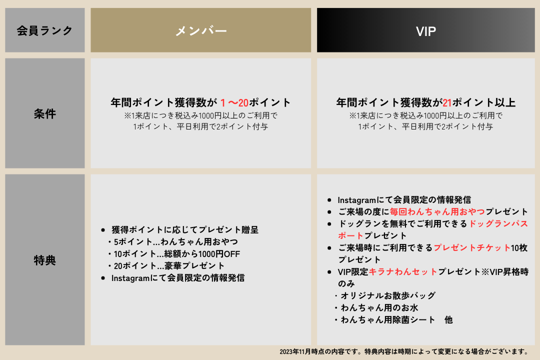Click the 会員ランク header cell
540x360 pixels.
point(45,30)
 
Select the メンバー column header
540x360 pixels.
point(201,30)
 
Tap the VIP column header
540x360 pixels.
point(425,30)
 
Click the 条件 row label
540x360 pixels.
point(45,113)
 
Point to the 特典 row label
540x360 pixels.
point(45,260)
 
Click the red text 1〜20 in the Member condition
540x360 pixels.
point(234,102)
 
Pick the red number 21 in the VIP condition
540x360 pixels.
point(447,102)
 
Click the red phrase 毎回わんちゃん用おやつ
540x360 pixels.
point(437,211)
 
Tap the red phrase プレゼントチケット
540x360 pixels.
point(472,247)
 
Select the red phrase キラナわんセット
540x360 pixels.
point(403,272)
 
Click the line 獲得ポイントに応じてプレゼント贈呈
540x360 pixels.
point(185,230)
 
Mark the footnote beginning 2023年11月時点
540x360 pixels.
point(405,351)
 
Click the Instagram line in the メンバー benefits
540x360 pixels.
point(178,278)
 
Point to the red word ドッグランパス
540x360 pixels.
point(498,223)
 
